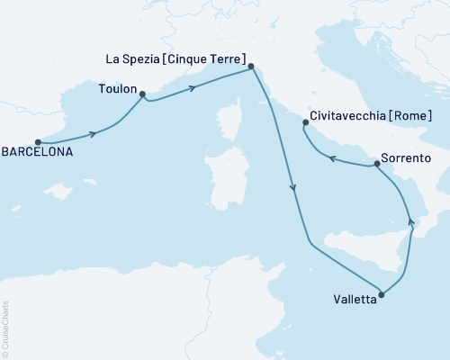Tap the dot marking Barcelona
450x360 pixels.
(x=38, y=141)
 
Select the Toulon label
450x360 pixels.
(x=117, y=90)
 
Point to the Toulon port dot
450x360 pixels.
(x=142, y=93)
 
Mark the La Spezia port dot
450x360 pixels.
(x=251, y=66)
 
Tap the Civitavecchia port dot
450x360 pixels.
(x=306, y=122)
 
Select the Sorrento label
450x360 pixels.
(x=407, y=158)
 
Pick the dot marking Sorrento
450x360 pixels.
(x=376, y=164)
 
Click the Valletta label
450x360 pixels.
(x=355, y=301)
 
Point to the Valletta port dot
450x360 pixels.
(x=382, y=293)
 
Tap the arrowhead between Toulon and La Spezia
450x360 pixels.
(x=192, y=86)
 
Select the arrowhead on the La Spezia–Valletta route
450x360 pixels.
(x=292, y=188)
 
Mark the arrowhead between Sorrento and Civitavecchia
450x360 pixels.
(x=331, y=159)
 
